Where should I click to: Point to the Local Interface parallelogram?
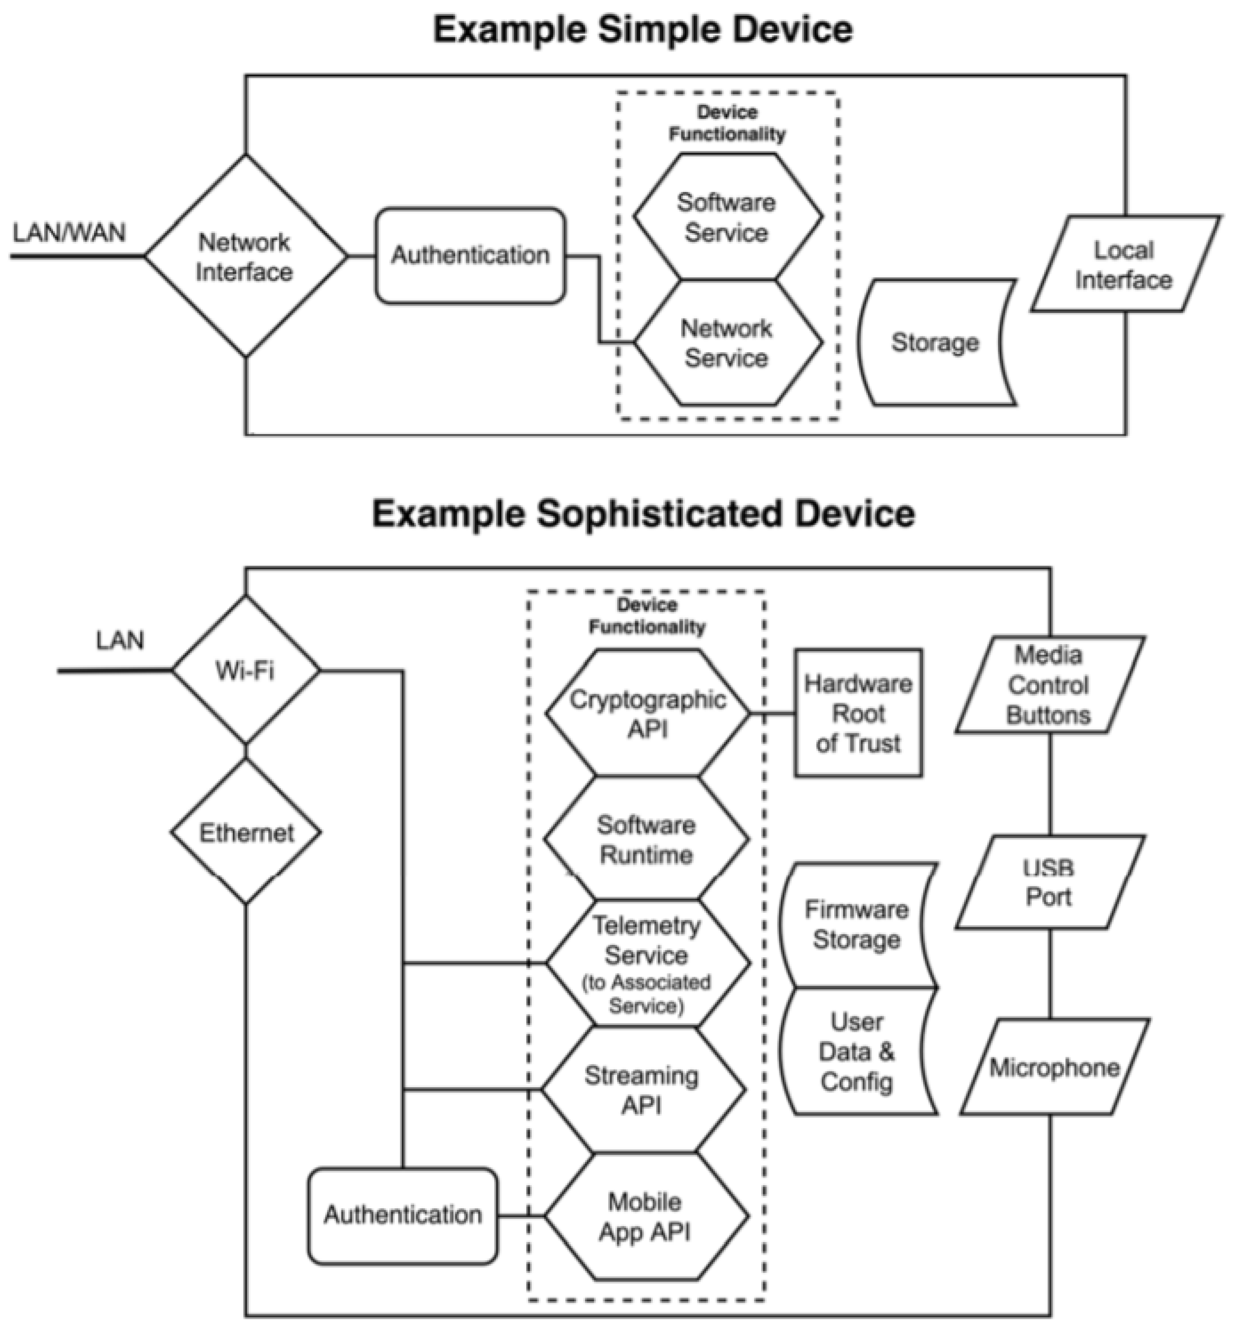1124,264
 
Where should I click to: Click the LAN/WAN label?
69,233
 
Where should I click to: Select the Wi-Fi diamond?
246,670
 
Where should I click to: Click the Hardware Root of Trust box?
858,713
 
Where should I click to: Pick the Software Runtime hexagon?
646,839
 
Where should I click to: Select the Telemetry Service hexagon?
646,964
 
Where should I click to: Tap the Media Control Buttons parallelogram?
1048,686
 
